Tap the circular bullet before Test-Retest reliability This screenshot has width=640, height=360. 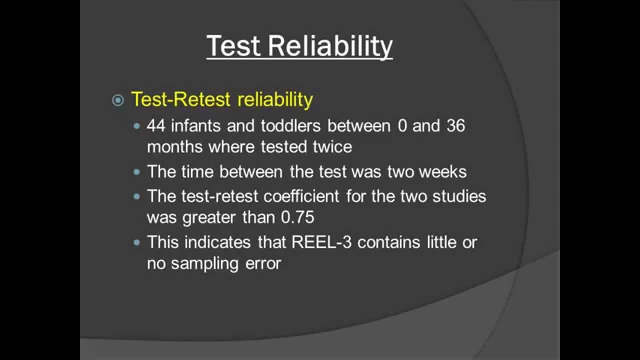click(x=118, y=100)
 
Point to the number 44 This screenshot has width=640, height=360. click(x=156, y=126)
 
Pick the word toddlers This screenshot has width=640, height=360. click(x=290, y=126)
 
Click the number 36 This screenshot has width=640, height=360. click(x=455, y=126)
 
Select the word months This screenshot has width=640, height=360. click(x=175, y=147)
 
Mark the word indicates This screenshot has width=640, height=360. click(x=217, y=242)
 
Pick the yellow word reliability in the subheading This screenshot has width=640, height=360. click(x=275, y=99)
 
